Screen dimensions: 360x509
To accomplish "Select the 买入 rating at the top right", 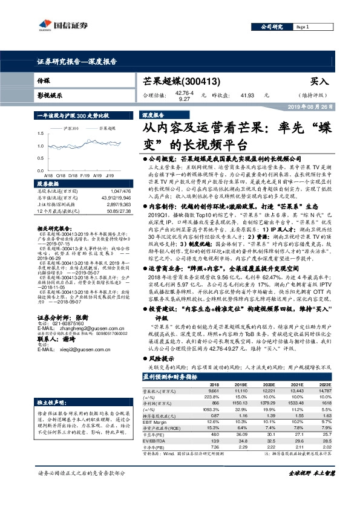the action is [319, 81].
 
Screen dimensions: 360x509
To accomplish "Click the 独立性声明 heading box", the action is [50, 402].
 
